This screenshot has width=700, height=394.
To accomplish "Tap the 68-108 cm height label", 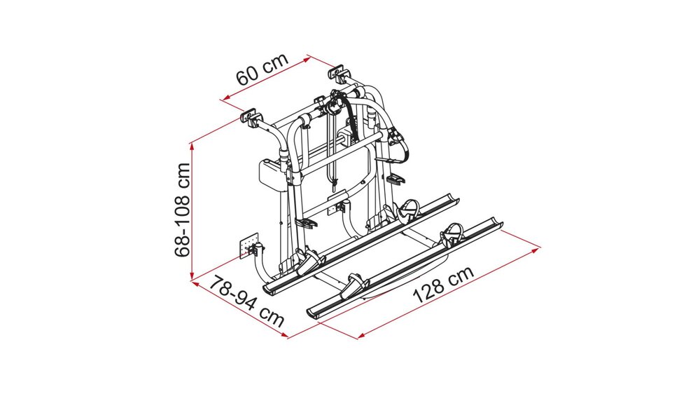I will (183, 210).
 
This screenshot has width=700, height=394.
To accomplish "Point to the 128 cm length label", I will (443, 283).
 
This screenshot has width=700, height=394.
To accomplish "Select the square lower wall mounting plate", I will (247, 247).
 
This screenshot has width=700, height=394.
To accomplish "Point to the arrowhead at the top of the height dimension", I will (192, 144).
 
